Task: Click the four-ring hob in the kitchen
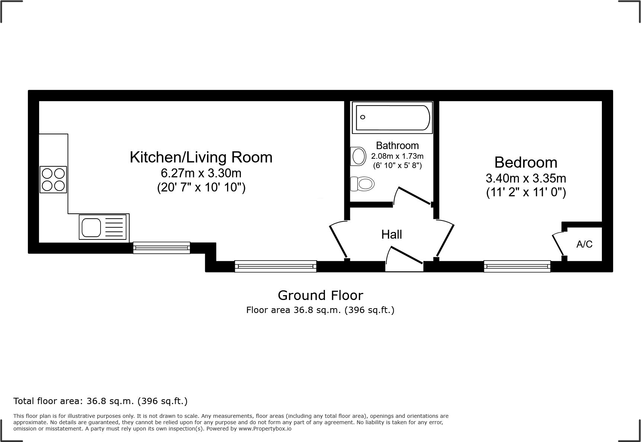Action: [53, 180]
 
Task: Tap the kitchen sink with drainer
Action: [104, 227]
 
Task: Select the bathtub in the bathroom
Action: [392, 117]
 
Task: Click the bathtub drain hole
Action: [363, 117]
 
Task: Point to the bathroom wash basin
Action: [358, 157]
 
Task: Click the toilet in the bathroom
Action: [363, 184]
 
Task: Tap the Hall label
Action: [392, 234]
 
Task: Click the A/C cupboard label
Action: [584, 244]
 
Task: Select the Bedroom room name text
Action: [526, 162]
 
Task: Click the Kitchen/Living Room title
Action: [201, 157]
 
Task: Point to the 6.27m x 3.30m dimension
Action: [201, 173]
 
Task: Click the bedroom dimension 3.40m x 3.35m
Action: [526, 178]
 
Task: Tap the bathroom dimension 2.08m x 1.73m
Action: [397, 156]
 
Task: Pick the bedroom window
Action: [517, 266]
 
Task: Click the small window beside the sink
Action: [162, 248]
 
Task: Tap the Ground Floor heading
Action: [320, 295]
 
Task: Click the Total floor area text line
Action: [101, 401]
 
